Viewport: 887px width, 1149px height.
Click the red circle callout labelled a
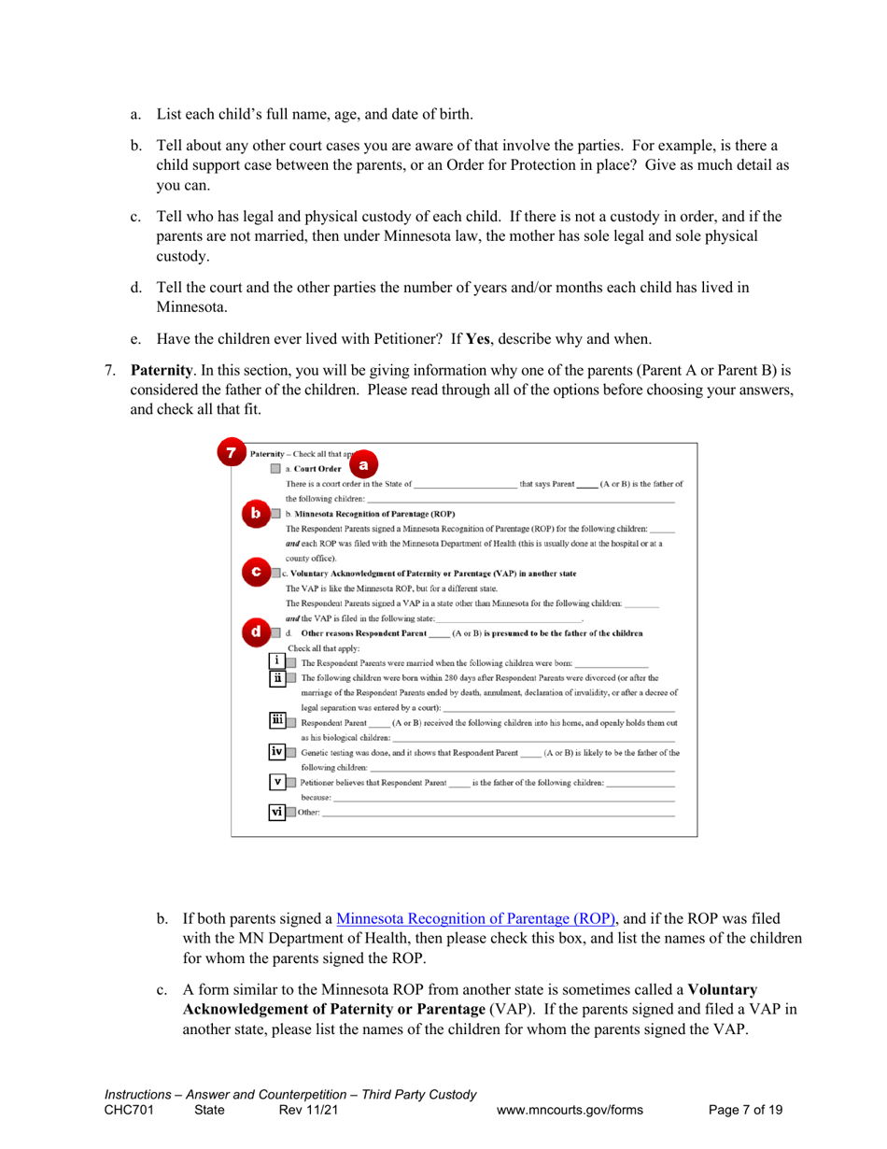tap(363, 464)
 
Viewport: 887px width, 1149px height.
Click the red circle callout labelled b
tap(256, 513)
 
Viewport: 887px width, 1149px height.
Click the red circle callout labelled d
tap(256, 632)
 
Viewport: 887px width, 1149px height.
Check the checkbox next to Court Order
tap(275, 469)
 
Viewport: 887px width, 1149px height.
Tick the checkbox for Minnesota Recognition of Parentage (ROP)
tap(275, 514)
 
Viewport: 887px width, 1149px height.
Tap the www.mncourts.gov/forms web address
tap(571, 1111)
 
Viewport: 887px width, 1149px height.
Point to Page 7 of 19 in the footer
tap(745, 1111)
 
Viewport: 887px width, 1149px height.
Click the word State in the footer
tap(209, 1111)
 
